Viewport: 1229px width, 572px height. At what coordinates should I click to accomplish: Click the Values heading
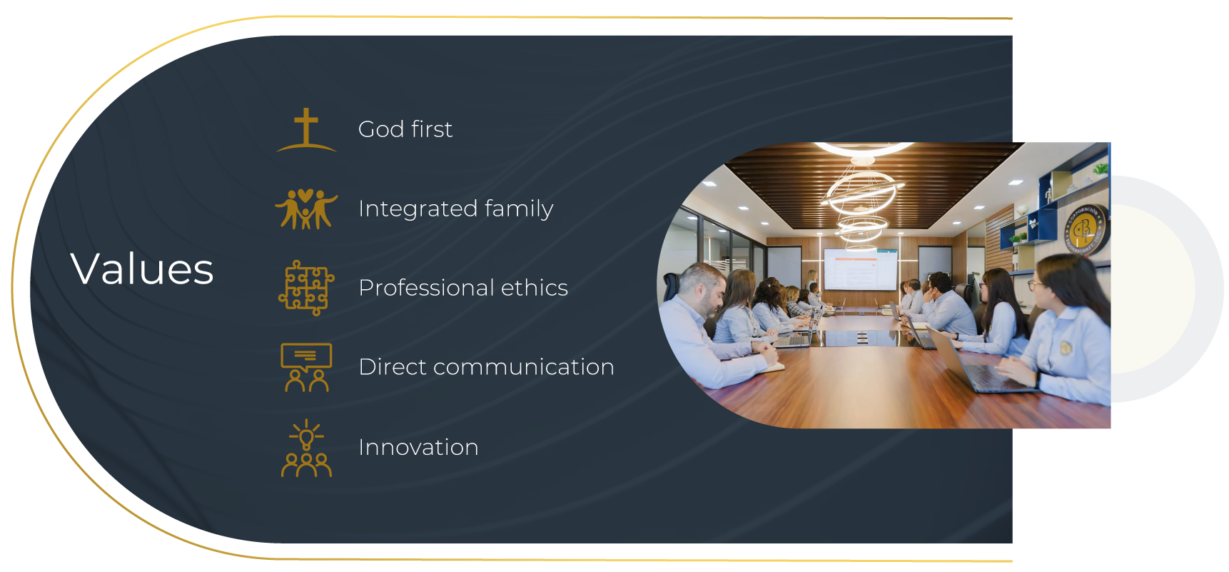(x=142, y=269)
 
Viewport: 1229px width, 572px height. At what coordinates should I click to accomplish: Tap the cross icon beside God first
(x=306, y=131)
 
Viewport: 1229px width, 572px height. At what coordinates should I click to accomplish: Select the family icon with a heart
(x=306, y=209)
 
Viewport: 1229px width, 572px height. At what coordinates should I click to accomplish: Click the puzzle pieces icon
(x=306, y=288)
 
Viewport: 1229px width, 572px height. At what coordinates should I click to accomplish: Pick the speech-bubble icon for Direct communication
(x=306, y=367)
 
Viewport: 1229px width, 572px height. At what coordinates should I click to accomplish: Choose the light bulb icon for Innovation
(x=306, y=448)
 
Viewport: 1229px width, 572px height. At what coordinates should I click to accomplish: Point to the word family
(x=519, y=209)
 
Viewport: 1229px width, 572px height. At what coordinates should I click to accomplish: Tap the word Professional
(x=426, y=288)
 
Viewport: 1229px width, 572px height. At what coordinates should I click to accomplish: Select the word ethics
(x=535, y=288)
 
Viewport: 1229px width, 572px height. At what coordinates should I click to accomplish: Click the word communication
(x=523, y=367)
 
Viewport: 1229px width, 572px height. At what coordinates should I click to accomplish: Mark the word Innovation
(x=418, y=447)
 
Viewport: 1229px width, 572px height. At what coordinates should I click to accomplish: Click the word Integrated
(x=418, y=209)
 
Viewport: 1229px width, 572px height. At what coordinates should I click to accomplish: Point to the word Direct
(x=392, y=367)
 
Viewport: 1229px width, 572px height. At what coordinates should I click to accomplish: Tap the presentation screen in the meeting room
(x=860, y=269)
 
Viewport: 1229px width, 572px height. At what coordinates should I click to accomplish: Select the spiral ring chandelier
(x=861, y=194)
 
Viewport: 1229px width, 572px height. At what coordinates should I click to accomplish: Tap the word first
(x=432, y=129)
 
